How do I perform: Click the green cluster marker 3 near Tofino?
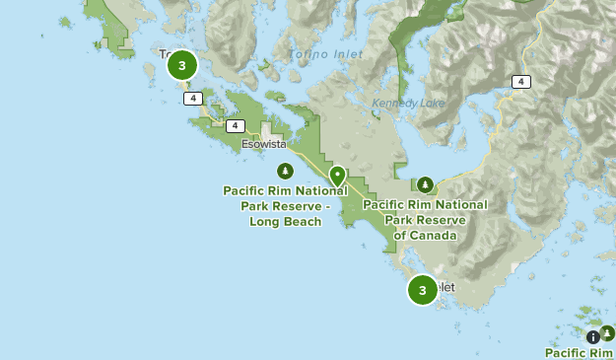182,65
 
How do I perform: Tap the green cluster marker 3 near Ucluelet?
423,290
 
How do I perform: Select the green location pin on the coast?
337,176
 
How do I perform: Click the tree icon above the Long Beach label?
285,171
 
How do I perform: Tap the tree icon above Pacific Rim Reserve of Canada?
426,184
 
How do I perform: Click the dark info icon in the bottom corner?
593,336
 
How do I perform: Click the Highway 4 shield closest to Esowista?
235,125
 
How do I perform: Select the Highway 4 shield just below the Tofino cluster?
193,98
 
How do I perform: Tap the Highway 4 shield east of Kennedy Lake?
520,82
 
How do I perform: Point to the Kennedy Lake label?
408,103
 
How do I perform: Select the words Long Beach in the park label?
286,222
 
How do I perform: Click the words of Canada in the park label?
426,236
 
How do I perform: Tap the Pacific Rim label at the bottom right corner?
579,352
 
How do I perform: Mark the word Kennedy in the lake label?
395,103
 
